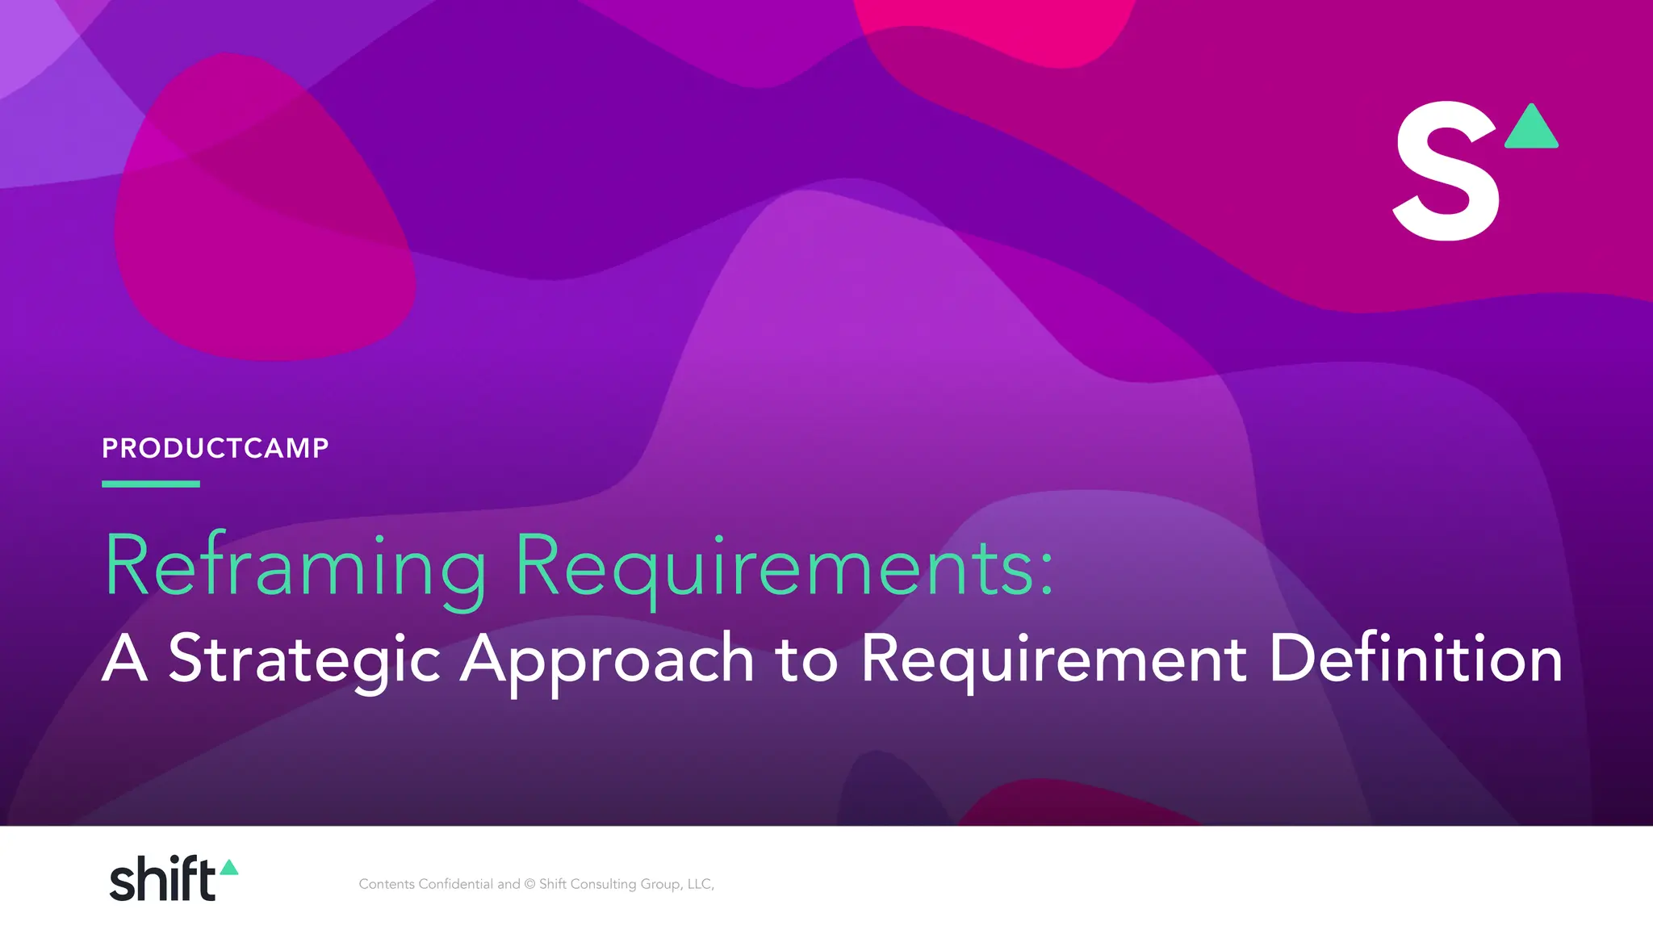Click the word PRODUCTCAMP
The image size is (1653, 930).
pyautogui.click(x=215, y=448)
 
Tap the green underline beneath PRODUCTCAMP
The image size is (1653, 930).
pyautogui.click(x=151, y=484)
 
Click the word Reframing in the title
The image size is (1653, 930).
pyautogui.click(x=295, y=567)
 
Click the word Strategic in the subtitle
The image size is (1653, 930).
pyautogui.click(x=304, y=659)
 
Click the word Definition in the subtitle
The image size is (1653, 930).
pyautogui.click(x=1415, y=657)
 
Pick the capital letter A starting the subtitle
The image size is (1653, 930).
pyautogui.click(x=125, y=659)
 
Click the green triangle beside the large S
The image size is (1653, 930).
pyautogui.click(x=1532, y=128)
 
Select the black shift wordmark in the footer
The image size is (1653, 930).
pyautogui.click(x=162, y=879)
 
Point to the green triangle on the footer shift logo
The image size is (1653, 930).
pyautogui.click(x=229, y=868)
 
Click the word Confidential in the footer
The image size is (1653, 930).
pyautogui.click(x=455, y=884)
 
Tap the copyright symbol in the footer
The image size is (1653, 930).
pyautogui.click(x=529, y=884)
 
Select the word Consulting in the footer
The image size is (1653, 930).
pyautogui.click(x=603, y=885)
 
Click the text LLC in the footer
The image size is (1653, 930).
pyautogui.click(x=699, y=884)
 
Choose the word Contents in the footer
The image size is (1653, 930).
pyautogui.click(x=387, y=884)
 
